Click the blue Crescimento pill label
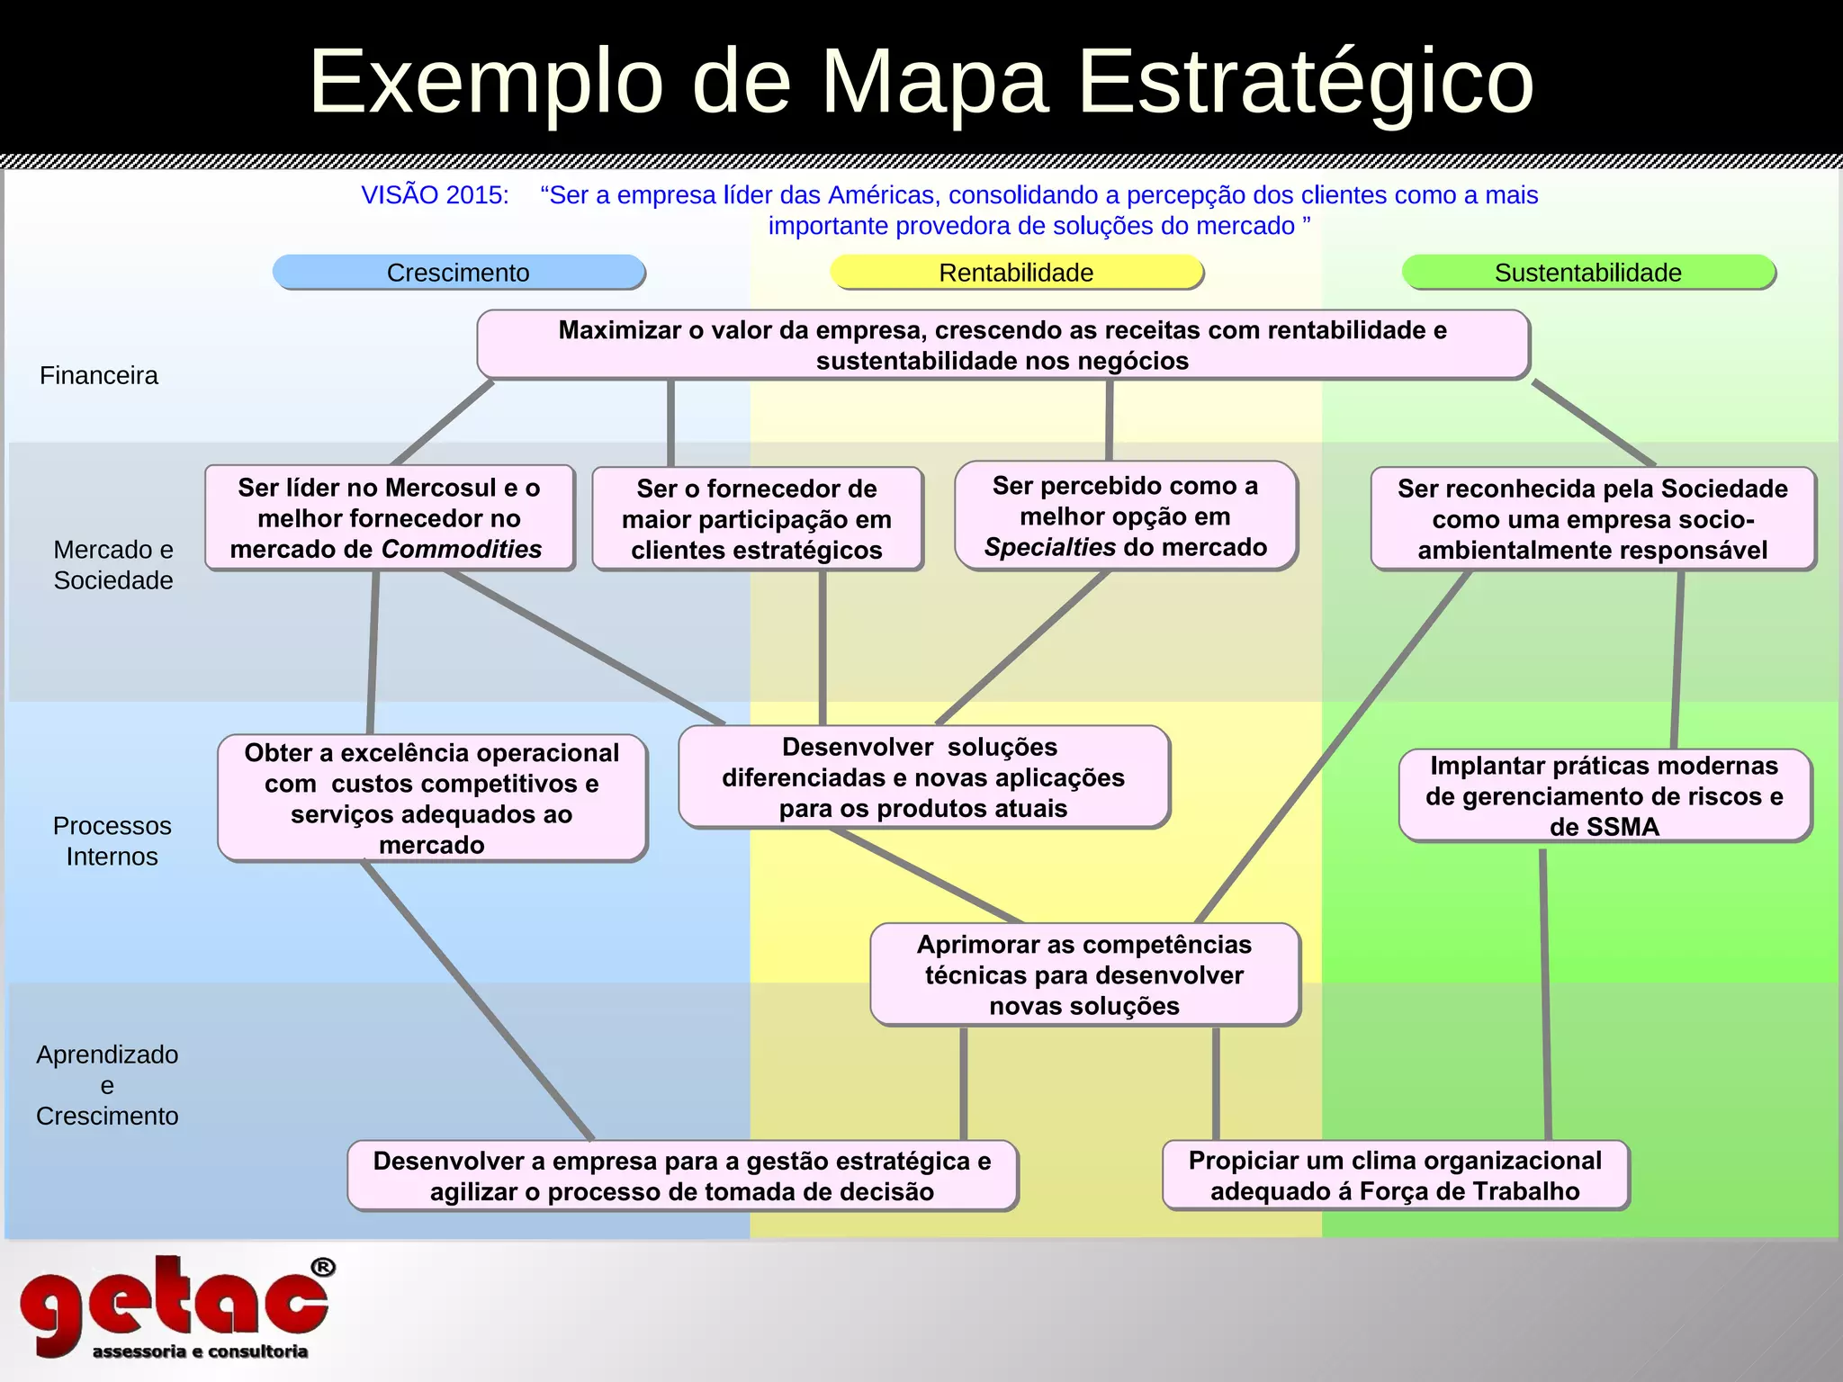tap(459, 273)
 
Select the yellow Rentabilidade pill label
tap(1016, 273)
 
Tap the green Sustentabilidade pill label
tap(1587, 273)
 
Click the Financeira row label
tap(99, 375)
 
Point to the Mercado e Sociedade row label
tap(113, 565)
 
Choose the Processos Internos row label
tap(112, 841)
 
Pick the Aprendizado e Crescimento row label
tap(107, 1085)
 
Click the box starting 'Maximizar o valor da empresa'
tap(1002, 345)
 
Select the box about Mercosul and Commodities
tap(389, 518)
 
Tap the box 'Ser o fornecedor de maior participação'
tap(757, 519)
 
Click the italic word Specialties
tap(1037, 547)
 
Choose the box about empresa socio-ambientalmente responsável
tap(1592, 519)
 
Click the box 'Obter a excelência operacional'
tap(432, 798)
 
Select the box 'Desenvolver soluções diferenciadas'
tap(923, 777)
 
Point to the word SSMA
tap(1604, 827)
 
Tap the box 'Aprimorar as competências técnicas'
tap(1084, 975)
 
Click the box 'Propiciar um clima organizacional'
tap(1395, 1176)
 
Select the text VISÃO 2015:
tap(435, 195)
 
